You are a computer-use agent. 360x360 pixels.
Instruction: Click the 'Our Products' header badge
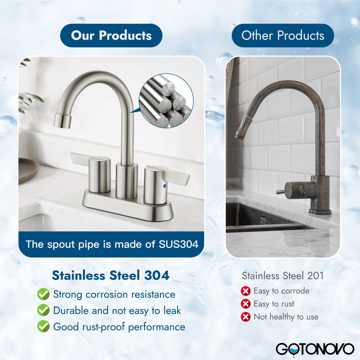[111, 35]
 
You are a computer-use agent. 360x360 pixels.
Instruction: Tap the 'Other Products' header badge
[282, 35]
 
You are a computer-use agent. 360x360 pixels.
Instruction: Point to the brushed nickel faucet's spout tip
[62, 121]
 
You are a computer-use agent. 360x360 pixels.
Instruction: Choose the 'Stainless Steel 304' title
[111, 275]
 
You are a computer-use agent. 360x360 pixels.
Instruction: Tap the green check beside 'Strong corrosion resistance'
[43, 295]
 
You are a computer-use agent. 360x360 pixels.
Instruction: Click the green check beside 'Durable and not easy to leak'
[43, 311]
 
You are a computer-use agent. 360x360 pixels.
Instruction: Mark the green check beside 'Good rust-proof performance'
[43, 327]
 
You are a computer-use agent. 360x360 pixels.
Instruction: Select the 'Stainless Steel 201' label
[283, 276]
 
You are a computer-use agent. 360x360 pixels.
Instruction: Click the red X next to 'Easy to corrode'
[246, 291]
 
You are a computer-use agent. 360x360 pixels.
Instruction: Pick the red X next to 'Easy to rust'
[246, 304]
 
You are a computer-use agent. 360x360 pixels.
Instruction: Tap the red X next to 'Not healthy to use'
[246, 317]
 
